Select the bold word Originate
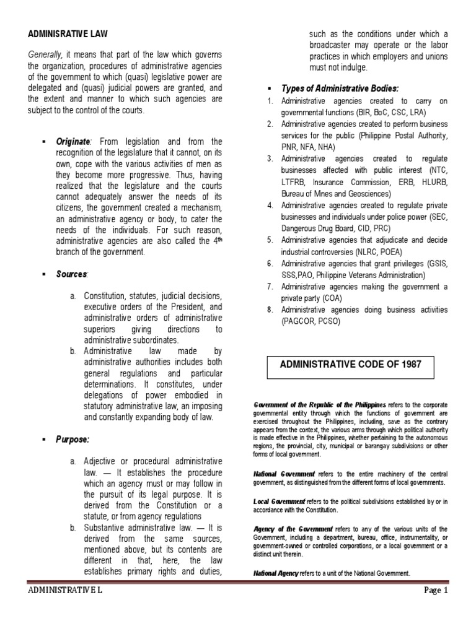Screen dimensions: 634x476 (73, 142)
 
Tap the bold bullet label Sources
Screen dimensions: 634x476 (72, 273)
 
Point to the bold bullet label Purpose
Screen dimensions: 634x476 (73, 440)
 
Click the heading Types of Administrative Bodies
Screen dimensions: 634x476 (340, 88)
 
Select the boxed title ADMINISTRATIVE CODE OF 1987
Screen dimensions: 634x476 (351, 365)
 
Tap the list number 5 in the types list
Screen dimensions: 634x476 (270, 240)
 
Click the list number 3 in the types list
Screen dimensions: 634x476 (270, 158)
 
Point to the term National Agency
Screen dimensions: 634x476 (276, 573)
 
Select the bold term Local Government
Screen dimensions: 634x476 (280, 500)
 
